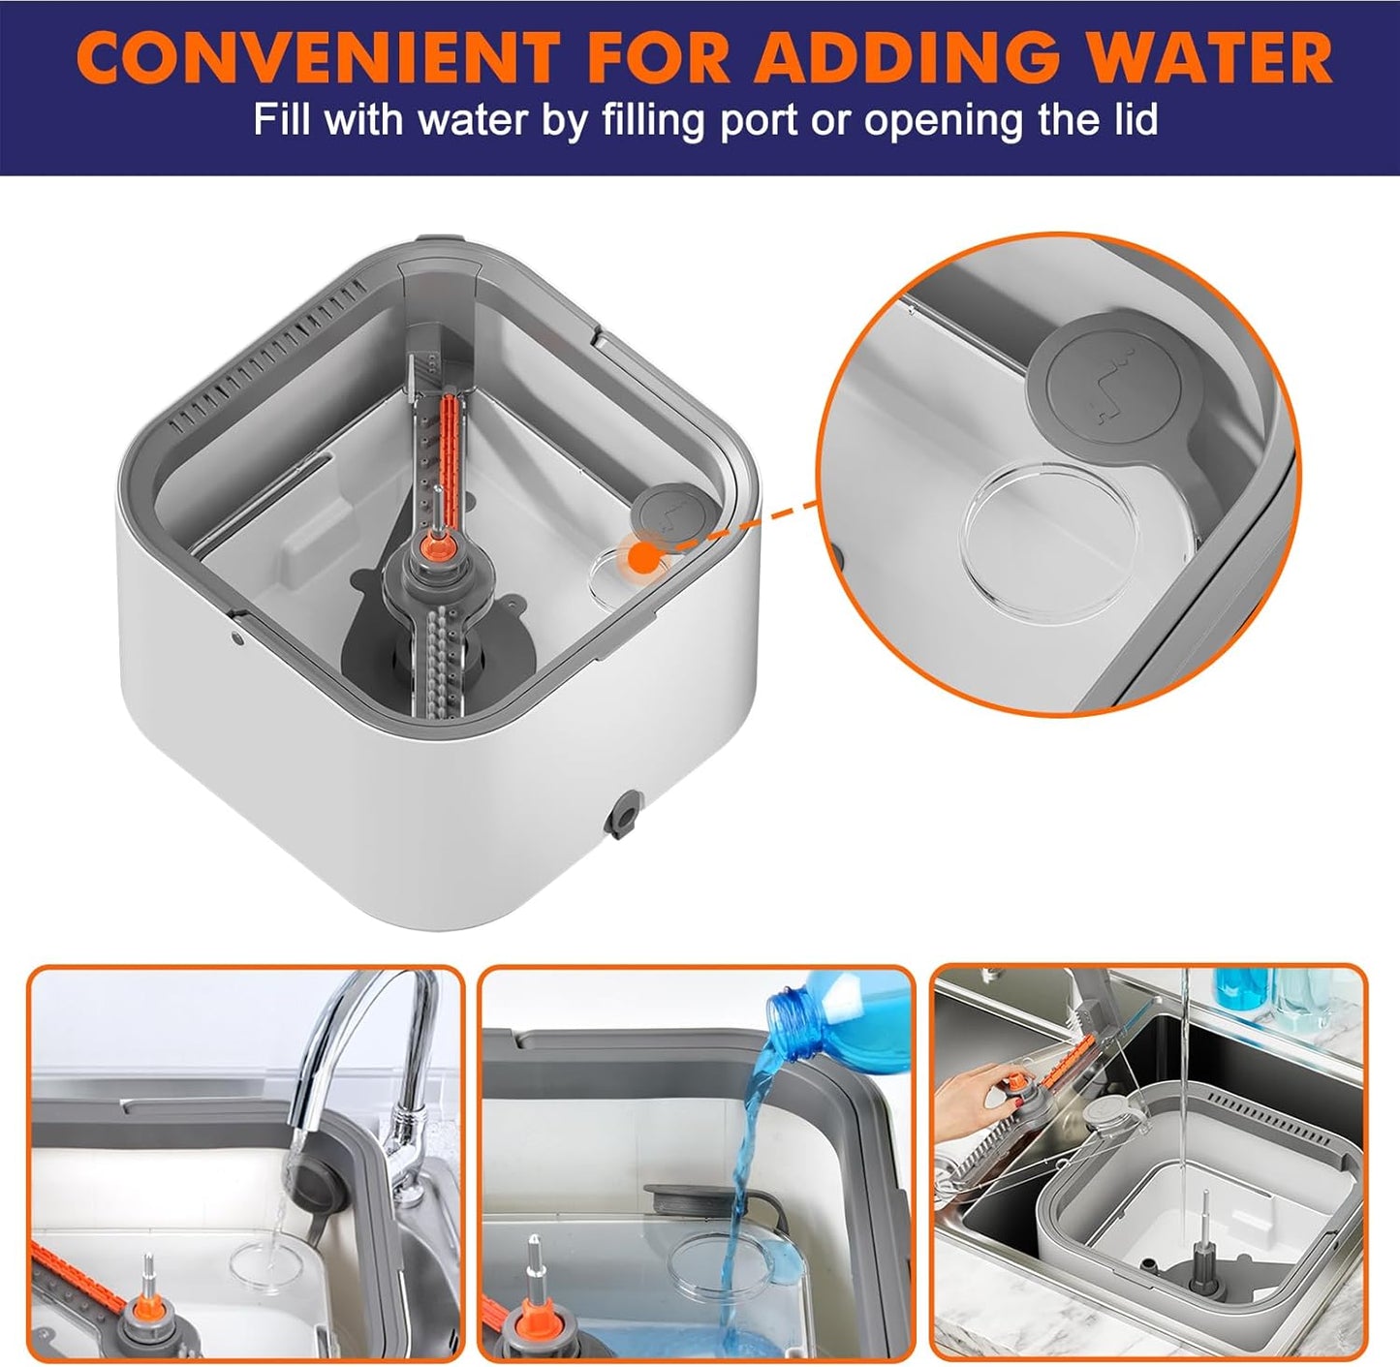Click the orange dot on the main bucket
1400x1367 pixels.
(640, 557)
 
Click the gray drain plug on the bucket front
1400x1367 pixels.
(622, 814)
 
